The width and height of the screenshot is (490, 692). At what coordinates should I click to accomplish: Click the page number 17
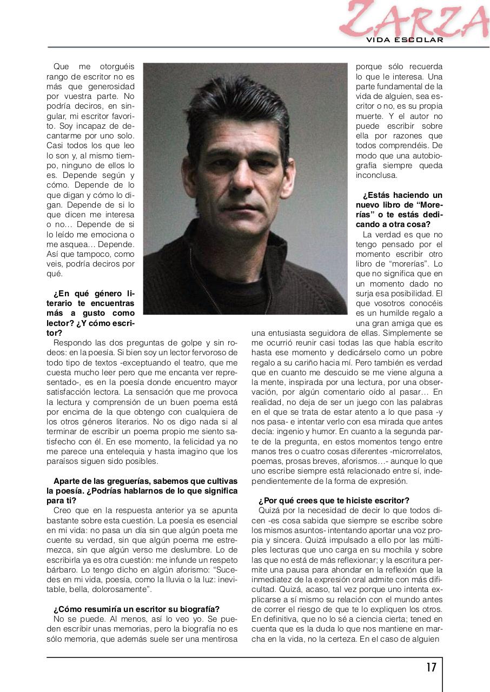coord(431,667)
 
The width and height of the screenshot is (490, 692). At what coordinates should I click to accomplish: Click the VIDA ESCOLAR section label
coord(405,40)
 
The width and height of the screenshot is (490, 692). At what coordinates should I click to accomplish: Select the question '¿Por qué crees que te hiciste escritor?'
coord(334,500)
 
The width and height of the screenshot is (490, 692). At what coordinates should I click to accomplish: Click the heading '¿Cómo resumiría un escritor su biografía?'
coord(136,609)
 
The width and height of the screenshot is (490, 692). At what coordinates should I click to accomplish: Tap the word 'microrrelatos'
coord(415,451)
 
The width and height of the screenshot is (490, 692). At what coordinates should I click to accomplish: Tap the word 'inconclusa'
coord(376,175)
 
